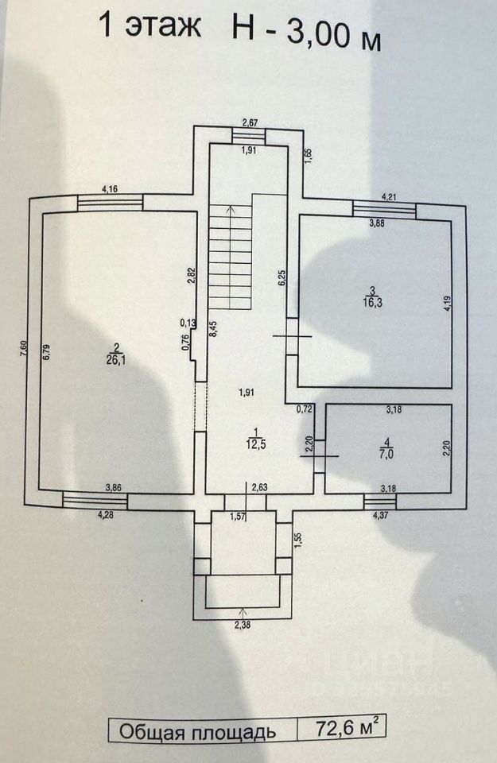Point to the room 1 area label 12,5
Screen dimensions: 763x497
[254, 443]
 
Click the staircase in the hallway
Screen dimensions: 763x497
[231, 256]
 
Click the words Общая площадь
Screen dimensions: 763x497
[197, 731]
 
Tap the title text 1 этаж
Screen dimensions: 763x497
[150, 26]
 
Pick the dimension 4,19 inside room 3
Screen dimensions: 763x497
[447, 305]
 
